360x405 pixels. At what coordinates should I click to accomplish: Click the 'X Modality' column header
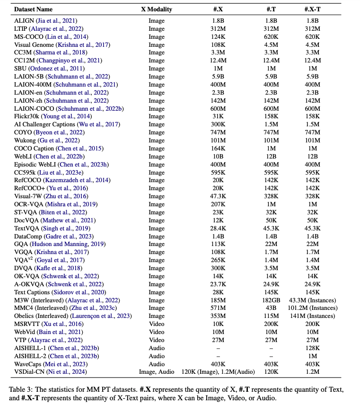coord(157,9)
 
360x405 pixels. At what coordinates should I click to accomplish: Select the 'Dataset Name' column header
coord(34,9)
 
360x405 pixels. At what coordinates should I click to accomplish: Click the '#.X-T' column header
coord(312,9)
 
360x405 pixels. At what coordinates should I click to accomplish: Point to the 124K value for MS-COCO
coord(219,36)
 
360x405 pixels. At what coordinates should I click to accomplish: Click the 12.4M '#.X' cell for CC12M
coord(219,61)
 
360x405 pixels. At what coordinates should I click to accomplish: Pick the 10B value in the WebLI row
coord(219,157)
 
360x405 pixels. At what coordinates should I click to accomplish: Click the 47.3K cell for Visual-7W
coord(219,196)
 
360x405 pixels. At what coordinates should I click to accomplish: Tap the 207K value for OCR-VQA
coord(219,204)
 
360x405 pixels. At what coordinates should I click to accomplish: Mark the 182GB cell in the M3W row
coord(271,300)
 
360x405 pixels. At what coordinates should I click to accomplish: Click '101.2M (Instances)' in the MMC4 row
coord(312,308)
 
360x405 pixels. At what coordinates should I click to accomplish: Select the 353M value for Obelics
coord(219,317)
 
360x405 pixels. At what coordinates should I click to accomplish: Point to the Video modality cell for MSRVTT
coord(157,325)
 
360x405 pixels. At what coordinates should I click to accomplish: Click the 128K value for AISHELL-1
coord(312,348)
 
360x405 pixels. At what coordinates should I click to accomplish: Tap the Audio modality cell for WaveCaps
coord(157,364)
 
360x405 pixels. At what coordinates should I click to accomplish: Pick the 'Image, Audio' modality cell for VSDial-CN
coord(157,372)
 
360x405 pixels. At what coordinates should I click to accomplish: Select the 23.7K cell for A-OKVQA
coord(219,284)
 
